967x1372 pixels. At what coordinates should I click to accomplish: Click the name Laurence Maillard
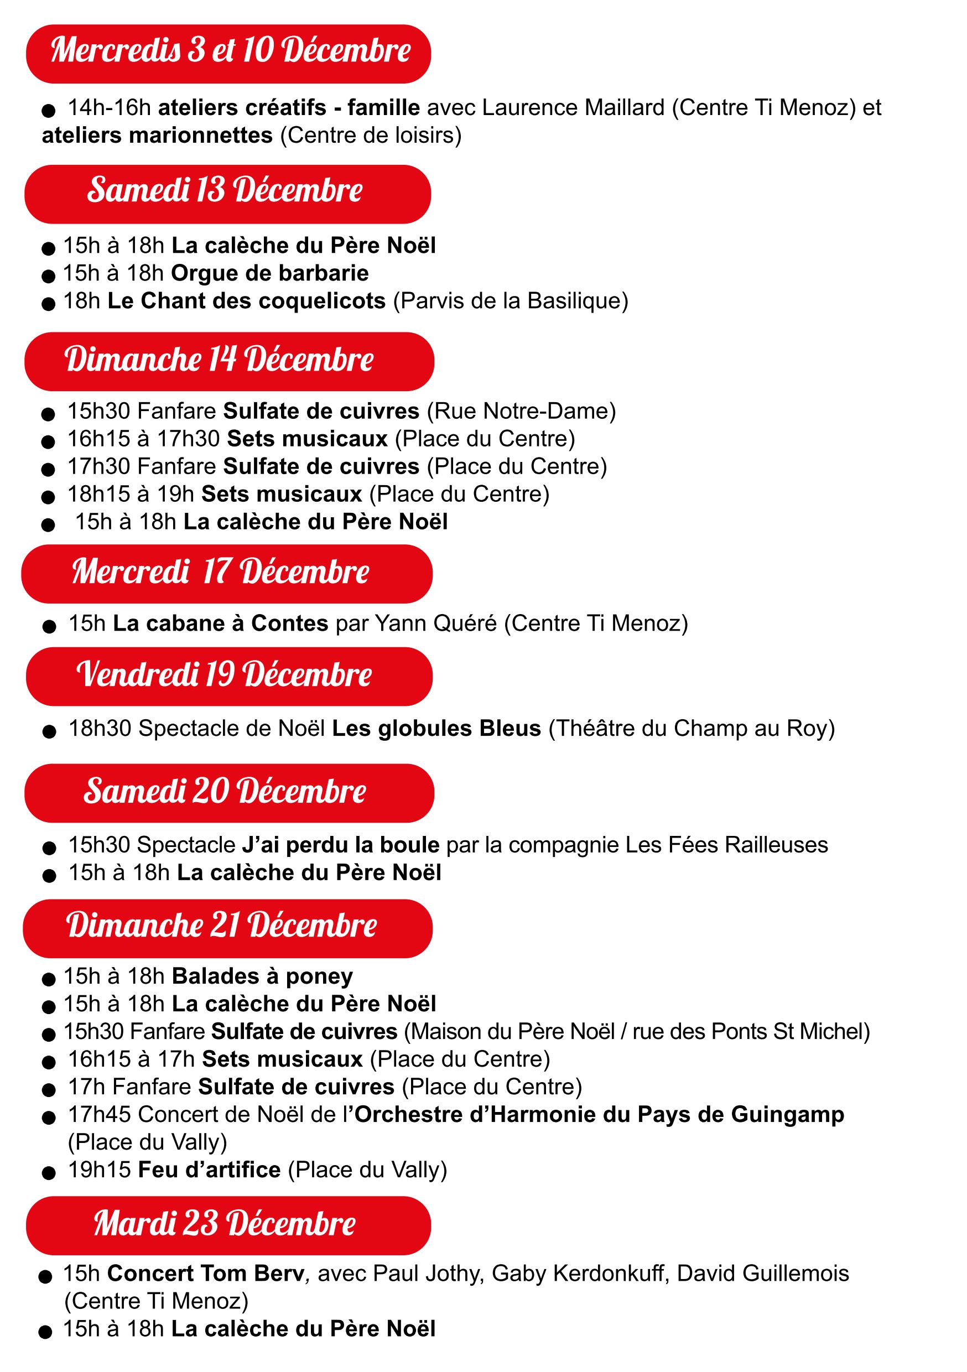tap(573, 107)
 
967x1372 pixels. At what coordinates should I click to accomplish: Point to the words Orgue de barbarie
tap(269, 273)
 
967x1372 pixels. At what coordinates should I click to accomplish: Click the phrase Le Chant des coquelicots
tap(246, 300)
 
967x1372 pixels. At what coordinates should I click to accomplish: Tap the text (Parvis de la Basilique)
tap(511, 300)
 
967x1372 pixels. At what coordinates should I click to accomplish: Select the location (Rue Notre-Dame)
tap(521, 411)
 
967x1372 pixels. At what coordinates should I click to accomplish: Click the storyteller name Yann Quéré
tap(436, 623)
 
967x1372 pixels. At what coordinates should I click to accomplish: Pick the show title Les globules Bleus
tap(436, 729)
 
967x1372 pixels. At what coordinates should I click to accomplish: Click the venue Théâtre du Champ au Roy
tap(691, 729)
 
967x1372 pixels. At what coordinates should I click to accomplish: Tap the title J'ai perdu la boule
tap(341, 845)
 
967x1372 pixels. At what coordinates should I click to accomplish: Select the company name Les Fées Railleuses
tap(727, 845)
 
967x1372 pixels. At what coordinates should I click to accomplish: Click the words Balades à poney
tap(262, 976)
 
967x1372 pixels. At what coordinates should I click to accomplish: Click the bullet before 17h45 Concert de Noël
tap(49, 1118)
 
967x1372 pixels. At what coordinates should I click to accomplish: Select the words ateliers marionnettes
tap(157, 136)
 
